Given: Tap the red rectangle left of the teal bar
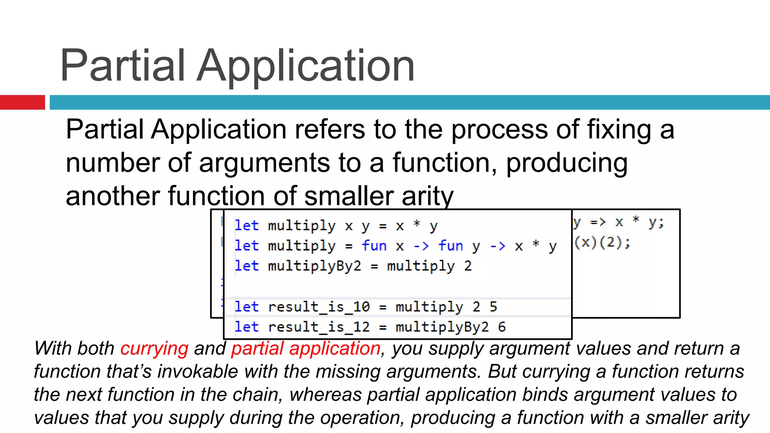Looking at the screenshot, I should click(22, 102).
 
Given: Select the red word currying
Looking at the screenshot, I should click(154, 348).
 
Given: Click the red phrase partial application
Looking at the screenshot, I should click(306, 348).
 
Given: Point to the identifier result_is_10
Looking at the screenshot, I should click(319, 307).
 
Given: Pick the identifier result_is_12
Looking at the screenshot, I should click(319, 327).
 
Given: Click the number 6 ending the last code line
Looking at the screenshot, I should click(502, 327).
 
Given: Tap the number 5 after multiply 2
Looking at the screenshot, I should click(493, 307).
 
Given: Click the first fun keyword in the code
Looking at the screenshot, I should click(374, 246).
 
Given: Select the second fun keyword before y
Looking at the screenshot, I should click(450, 246).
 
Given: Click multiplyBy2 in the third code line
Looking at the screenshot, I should click(314, 266).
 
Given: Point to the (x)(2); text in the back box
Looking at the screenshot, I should click(602, 242).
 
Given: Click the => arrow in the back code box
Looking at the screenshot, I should click(598, 222).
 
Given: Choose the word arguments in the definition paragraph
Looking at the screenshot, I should click(264, 163).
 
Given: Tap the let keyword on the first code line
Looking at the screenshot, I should click(247, 226).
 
